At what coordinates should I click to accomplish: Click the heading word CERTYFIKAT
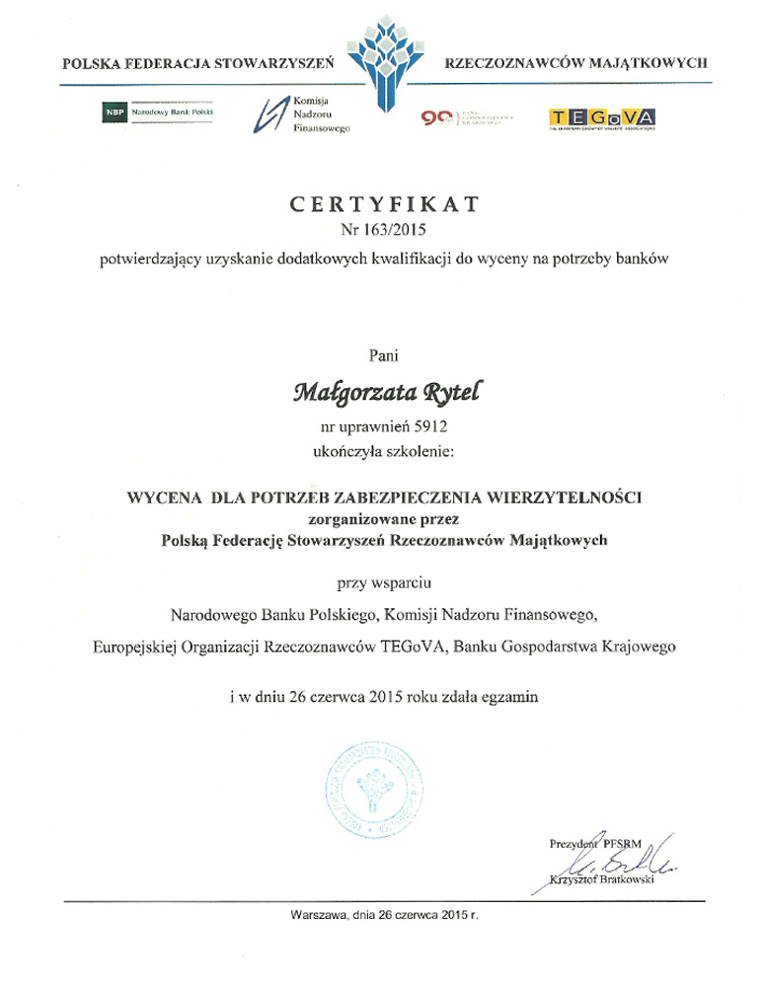pos(384,204)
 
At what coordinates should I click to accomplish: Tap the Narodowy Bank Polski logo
pos(158,113)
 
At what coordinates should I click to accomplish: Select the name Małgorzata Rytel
pos(384,393)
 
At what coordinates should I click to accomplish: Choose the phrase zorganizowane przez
pos(384,517)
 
